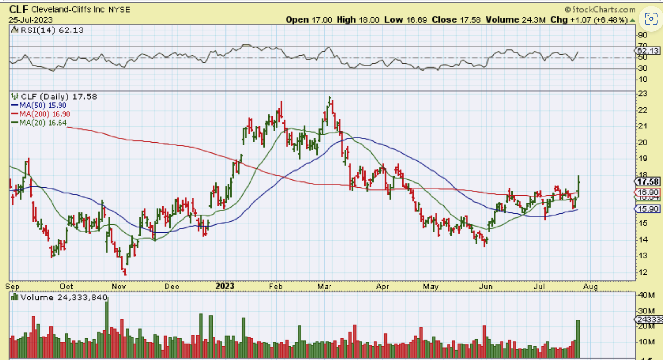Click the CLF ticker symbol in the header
click(18, 10)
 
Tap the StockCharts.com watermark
click(600, 10)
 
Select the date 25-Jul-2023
click(31, 20)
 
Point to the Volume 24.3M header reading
click(515, 20)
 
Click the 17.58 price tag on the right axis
click(648, 182)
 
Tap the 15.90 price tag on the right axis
click(648, 209)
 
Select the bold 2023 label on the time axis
click(225, 286)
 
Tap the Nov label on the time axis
click(119, 286)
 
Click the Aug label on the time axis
click(590, 286)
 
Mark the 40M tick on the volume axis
click(646, 295)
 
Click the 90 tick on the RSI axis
click(643, 35)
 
